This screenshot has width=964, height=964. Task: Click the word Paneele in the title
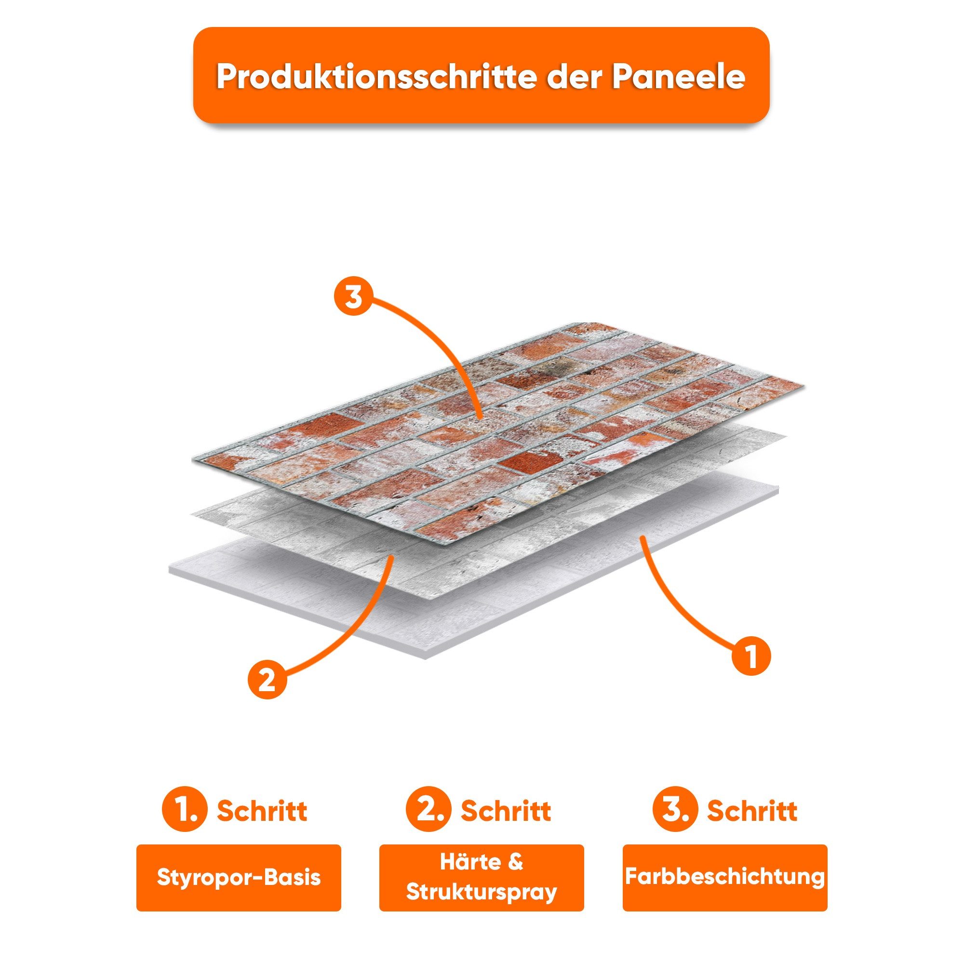tap(679, 77)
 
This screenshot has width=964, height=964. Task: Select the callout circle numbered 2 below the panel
tap(268, 680)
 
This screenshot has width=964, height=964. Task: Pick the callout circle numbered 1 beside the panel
tap(751, 656)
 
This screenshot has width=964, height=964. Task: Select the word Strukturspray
tap(481, 892)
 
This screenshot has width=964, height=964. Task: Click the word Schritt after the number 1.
tap(261, 811)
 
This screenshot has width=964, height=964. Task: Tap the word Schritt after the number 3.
tap(751, 811)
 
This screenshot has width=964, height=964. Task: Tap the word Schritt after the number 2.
tap(506, 811)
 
